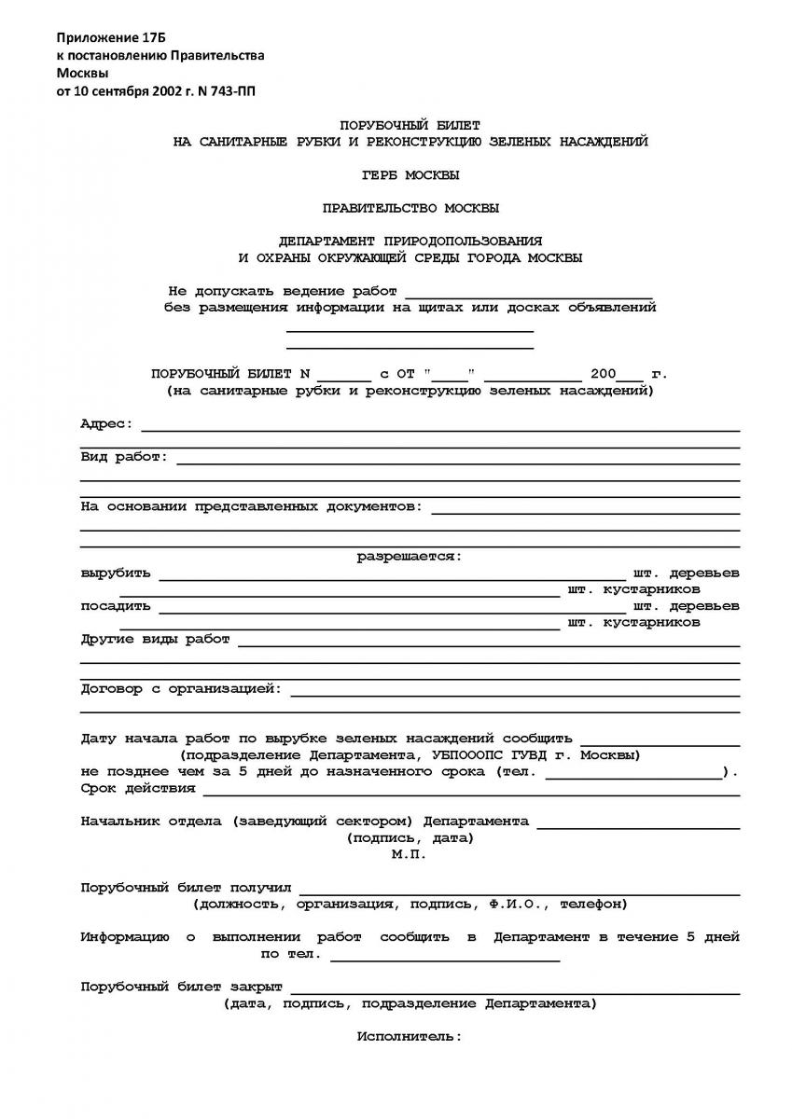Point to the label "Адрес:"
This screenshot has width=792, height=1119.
tap(107, 424)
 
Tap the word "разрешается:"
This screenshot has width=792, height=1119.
tap(410, 557)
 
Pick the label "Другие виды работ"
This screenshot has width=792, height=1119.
tap(155, 640)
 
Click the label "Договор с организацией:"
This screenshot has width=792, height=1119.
tap(181, 689)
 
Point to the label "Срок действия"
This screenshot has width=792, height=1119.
tap(138, 788)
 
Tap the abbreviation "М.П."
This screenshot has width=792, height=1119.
tap(409, 854)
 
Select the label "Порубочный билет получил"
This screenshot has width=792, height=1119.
tap(187, 888)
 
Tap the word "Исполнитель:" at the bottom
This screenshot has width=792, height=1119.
tap(409, 1036)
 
